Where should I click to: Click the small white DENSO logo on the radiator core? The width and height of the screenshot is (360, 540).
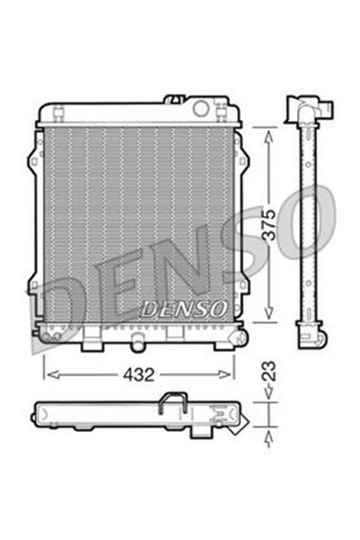click(x=182, y=310)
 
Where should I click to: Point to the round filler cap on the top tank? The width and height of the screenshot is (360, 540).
click(x=201, y=108)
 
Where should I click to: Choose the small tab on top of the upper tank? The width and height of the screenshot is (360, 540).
click(x=175, y=99)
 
